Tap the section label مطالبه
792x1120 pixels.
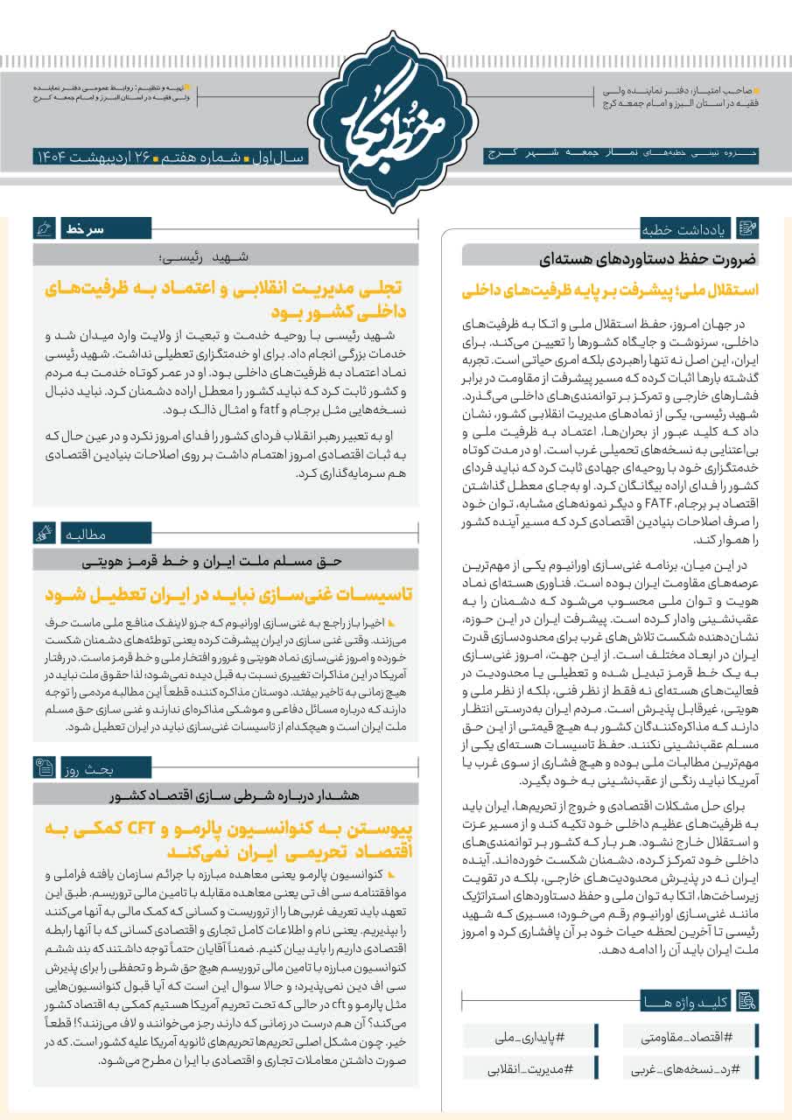coord(83,533)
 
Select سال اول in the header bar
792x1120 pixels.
coord(278,157)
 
